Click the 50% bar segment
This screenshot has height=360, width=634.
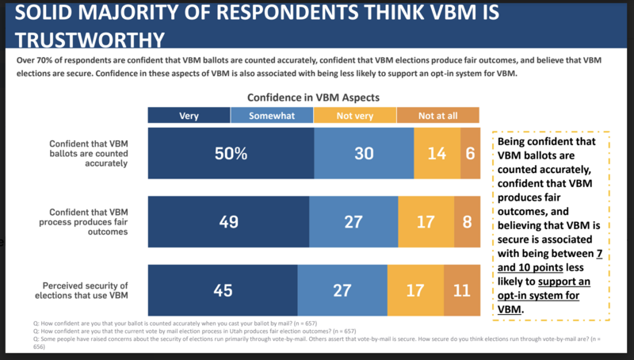coord(231,153)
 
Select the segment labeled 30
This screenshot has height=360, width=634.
coord(364,153)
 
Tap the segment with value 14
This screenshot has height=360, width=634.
coord(437,153)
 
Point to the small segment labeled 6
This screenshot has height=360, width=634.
coord(470,153)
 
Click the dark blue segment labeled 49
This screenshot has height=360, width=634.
coord(228,222)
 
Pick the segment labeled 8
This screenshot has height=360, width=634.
coord(467,222)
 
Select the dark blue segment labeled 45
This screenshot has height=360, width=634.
coord(223,290)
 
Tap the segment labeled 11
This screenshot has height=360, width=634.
coord(462,290)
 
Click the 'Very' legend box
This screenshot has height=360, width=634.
coord(189,115)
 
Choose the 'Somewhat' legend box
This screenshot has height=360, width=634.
coord(272,115)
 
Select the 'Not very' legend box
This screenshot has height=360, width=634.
coord(354,115)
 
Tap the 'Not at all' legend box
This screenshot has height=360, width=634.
coord(438,115)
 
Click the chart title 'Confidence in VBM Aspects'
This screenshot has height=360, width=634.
coord(313,98)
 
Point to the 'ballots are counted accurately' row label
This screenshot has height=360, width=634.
coord(89,154)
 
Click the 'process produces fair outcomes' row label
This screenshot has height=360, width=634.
coord(83,222)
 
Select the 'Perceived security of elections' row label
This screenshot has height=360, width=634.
coord(82,290)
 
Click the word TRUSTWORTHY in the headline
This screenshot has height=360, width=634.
coord(90,40)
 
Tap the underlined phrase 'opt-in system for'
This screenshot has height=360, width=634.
coord(538,295)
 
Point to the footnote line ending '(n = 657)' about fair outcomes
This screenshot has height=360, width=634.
coord(194,331)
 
